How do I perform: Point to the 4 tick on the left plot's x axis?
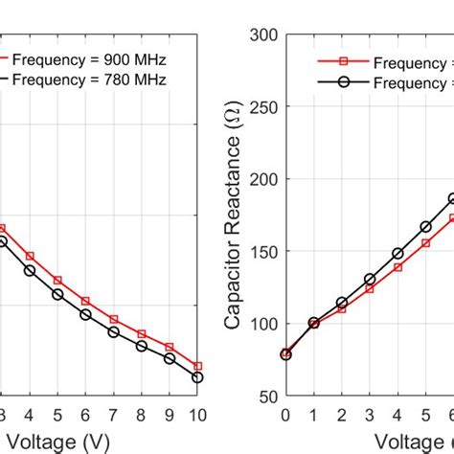(29, 416)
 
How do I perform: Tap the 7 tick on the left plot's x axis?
(113, 416)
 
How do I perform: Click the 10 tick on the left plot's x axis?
(197, 416)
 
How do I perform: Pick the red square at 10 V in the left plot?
(198, 366)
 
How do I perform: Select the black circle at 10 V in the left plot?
(198, 377)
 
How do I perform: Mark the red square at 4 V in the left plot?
(30, 256)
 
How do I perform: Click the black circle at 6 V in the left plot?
(85, 314)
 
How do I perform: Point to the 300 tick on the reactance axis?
(265, 35)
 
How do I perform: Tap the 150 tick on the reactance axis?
(265, 252)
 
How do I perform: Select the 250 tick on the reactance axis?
(265, 107)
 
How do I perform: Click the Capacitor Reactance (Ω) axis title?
(233, 216)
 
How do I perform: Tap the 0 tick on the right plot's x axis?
(285, 416)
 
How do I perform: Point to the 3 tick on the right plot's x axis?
(370, 416)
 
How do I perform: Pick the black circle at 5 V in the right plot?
(425, 227)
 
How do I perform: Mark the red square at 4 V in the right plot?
(397, 267)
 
